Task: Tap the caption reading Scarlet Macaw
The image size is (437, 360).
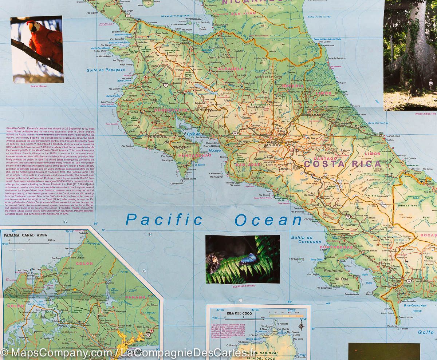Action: click(x=38, y=86)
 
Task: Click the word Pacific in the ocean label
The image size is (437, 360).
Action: click(x=164, y=220)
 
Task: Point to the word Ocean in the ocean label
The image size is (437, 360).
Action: click(x=268, y=220)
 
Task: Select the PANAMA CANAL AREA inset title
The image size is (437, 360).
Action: click(x=25, y=235)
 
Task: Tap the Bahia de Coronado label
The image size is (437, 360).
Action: click(x=306, y=240)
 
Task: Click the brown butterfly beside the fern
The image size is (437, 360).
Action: click(x=213, y=262)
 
